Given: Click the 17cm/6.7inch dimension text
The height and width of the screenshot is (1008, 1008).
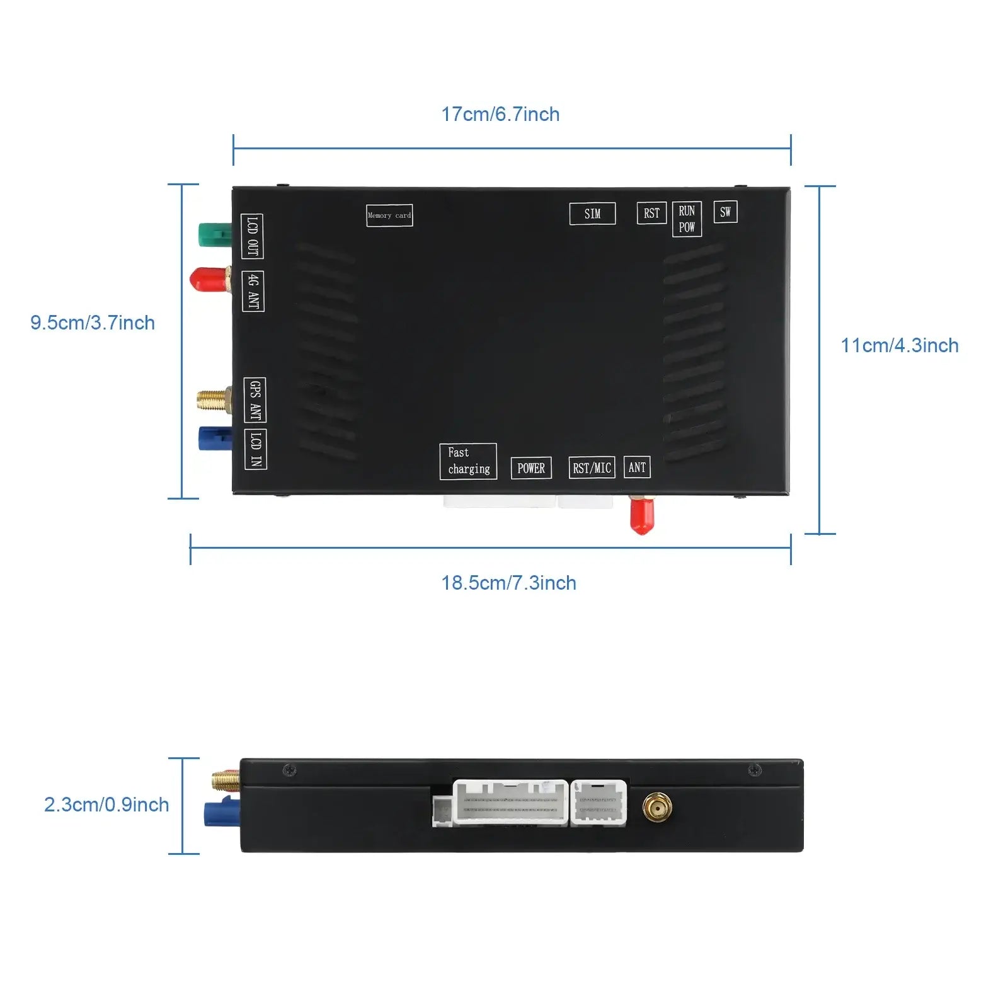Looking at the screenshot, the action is pos(500,114).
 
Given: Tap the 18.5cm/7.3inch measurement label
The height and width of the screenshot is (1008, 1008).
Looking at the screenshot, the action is pos(508,583).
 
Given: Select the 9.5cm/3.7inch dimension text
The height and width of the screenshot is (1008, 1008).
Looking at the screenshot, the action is pos(93,323).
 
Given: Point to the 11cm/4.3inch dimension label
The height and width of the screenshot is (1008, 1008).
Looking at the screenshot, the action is pos(900,345).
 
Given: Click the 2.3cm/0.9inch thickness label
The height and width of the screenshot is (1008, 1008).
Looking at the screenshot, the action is pos(106,805).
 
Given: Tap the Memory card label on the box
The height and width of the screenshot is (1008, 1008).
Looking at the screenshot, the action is pos(389,215).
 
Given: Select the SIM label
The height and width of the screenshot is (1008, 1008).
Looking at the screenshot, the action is pos(592,214).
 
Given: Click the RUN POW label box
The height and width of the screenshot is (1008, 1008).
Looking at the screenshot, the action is pos(687,219).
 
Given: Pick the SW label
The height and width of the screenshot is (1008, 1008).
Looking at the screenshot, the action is pos(725,212).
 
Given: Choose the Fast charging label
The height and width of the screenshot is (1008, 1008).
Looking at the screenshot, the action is pos(468,461).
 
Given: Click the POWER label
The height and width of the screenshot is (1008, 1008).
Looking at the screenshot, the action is pos(531,468).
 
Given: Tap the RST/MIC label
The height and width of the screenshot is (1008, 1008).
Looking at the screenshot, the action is pos(592,467).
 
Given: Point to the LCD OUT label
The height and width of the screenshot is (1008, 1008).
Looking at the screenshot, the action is pos(252,236).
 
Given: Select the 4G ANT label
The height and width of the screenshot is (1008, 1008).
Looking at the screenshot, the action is pos(253,291).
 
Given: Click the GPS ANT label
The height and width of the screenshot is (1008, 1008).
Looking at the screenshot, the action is pos(255,400).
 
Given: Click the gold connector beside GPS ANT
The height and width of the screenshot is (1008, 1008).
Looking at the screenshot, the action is pos(213,400).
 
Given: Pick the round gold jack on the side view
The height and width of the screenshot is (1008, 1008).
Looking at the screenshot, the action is pos(657,807).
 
